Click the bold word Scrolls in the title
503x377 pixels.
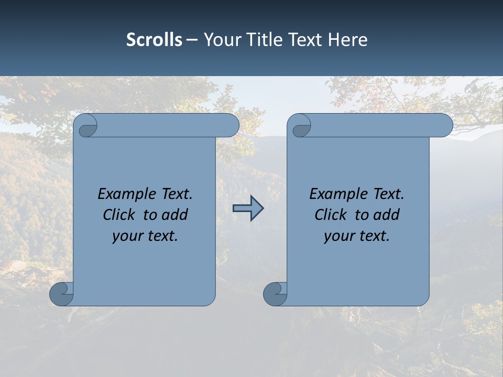point(154,40)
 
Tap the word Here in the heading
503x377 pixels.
point(347,40)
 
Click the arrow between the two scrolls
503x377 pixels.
point(248,208)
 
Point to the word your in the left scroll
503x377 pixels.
point(127,236)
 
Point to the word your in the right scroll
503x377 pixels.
point(339,236)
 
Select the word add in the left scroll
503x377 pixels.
point(176,215)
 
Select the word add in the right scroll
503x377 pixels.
point(387,215)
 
